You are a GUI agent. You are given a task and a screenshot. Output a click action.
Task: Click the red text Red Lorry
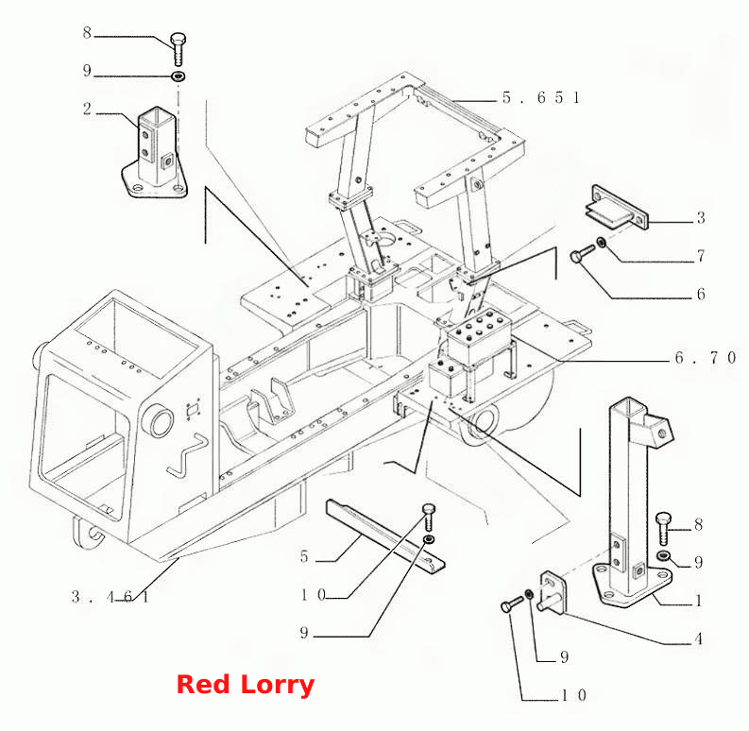point(246,684)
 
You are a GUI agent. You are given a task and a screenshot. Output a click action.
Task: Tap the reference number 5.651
point(541,97)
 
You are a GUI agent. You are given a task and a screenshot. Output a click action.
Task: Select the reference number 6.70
point(706,357)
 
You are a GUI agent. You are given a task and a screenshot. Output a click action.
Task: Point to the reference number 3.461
point(111,596)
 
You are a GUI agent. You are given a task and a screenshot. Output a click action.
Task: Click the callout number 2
point(87,109)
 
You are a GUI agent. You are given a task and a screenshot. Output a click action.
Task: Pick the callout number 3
point(701,218)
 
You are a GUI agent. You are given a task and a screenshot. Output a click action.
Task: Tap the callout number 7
point(701,256)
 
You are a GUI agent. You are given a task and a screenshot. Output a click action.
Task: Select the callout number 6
point(701,294)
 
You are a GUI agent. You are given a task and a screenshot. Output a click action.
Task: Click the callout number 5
point(304,556)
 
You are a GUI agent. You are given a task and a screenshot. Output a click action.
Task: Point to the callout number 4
point(698,638)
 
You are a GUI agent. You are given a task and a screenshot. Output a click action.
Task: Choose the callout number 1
point(698,601)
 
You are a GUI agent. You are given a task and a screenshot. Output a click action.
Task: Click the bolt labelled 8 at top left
point(179,50)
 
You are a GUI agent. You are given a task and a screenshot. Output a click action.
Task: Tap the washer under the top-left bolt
point(179,76)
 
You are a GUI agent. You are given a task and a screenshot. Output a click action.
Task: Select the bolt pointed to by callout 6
point(582,254)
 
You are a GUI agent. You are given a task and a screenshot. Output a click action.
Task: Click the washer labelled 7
point(602,243)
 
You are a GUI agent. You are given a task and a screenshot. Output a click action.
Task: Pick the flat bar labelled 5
point(385,536)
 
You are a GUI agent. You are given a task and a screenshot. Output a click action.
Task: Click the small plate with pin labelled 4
point(552,592)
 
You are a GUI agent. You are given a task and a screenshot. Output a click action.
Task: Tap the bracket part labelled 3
point(617,209)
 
